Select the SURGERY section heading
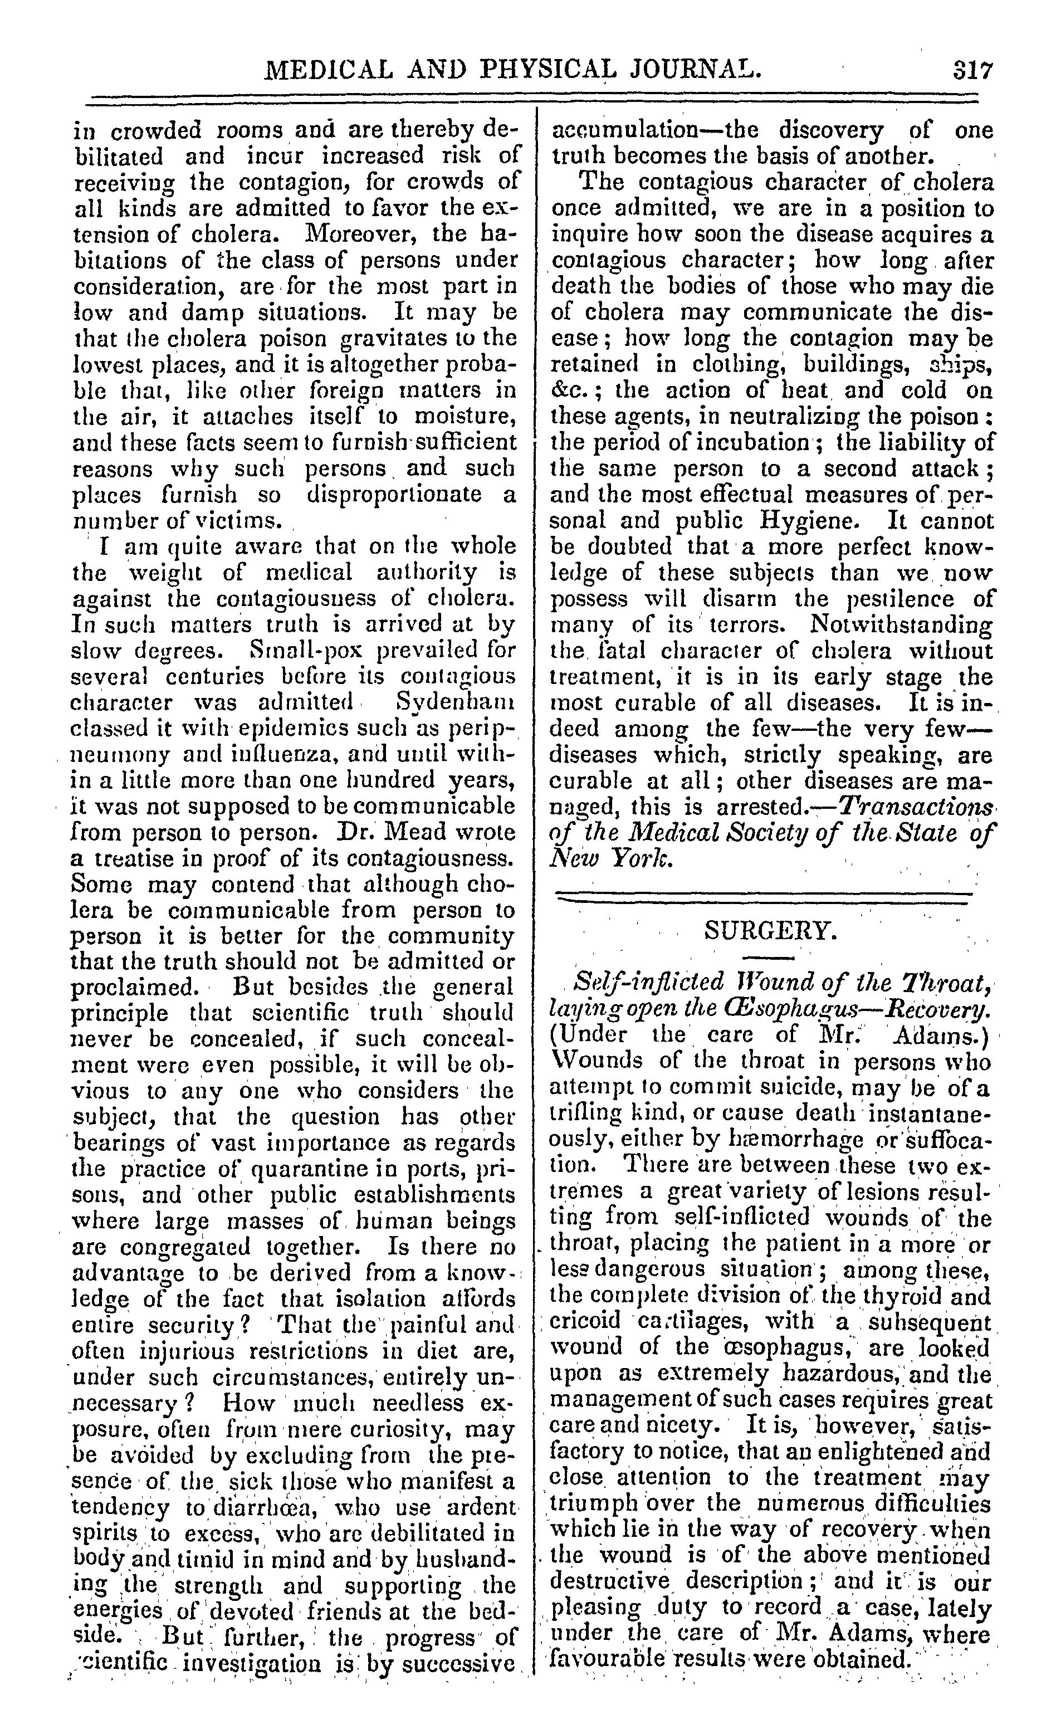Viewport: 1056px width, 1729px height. point(770,931)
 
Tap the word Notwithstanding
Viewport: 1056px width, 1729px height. point(902,625)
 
